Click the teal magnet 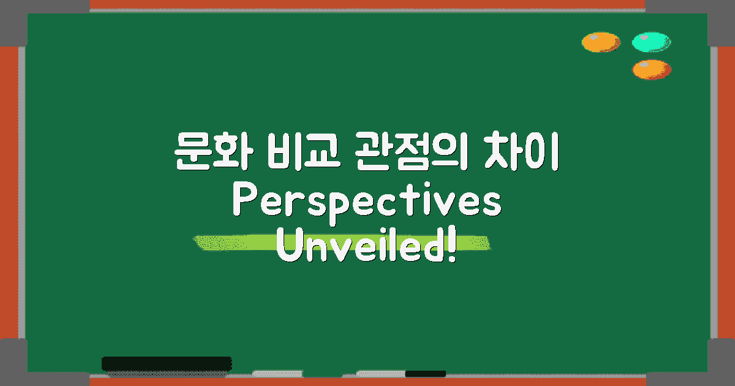[651, 42]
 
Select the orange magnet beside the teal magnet [601, 42]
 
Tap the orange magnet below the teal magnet [651, 69]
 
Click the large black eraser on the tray [166, 363]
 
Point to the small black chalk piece [425, 373]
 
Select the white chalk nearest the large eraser [277, 373]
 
